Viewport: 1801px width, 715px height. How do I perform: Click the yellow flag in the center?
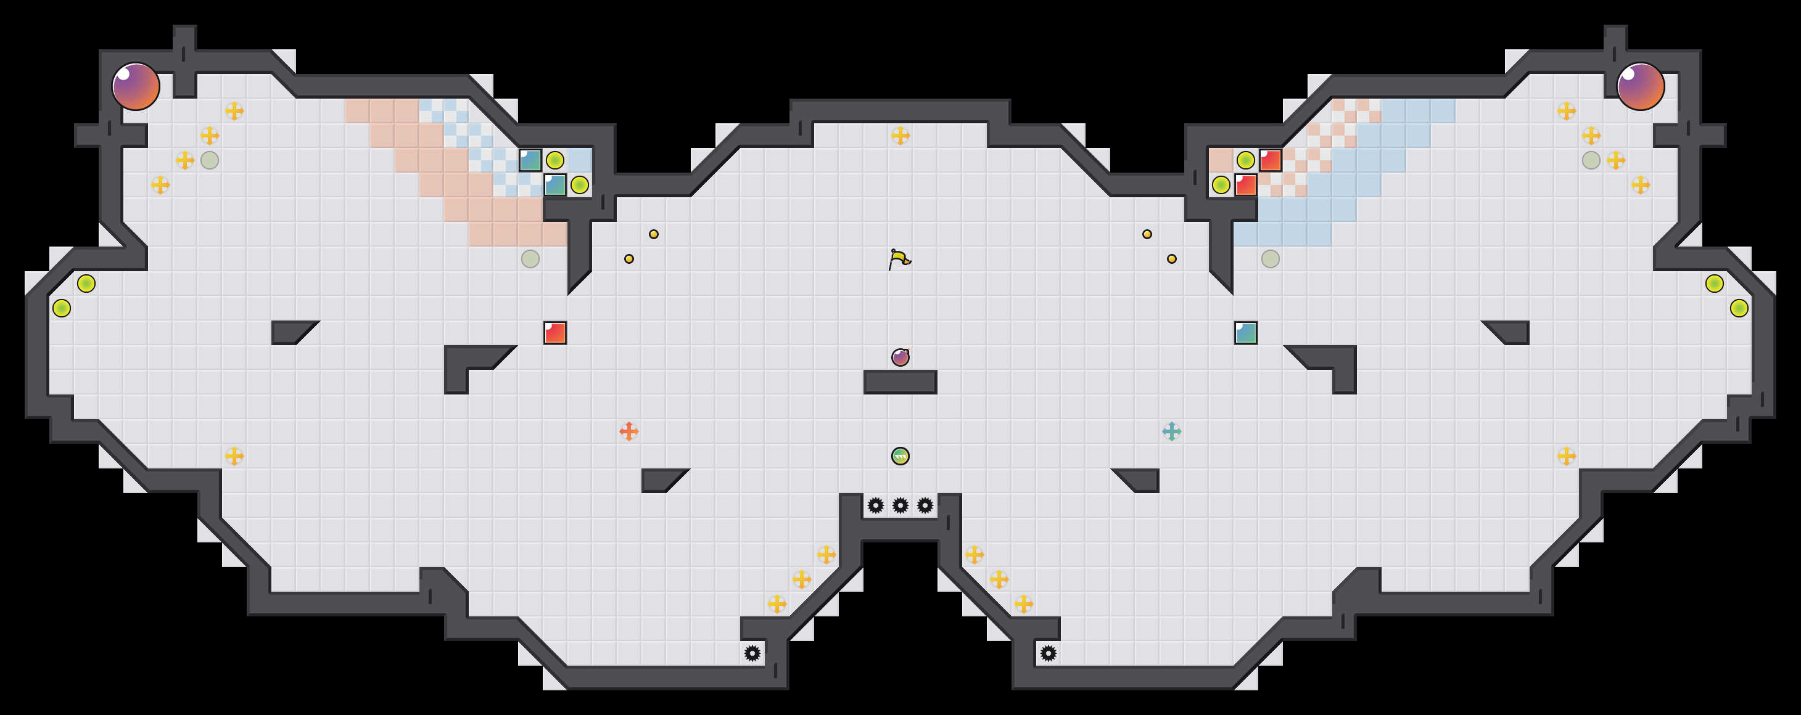coord(900,259)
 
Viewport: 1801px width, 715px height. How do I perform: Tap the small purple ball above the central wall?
coord(900,357)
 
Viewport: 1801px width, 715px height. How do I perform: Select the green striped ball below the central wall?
coord(900,456)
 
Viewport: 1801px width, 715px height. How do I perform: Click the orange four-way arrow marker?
coord(628,431)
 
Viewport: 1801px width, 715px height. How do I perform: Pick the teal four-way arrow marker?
coord(1172,431)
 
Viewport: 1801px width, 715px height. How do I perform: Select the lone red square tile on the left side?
coord(555,333)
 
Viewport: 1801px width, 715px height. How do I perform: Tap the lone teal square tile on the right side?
coord(1246,333)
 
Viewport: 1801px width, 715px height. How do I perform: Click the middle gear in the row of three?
coord(900,505)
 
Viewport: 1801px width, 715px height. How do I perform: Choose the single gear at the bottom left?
coord(752,653)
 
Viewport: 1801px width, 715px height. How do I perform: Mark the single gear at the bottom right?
coord(1048,653)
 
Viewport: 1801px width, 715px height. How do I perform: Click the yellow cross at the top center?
coord(900,136)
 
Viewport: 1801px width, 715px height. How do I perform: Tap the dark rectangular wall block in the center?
coord(900,382)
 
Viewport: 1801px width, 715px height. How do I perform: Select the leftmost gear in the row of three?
coord(875,505)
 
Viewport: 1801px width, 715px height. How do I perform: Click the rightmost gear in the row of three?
coord(925,505)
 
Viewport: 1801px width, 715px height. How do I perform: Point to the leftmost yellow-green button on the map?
coord(62,308)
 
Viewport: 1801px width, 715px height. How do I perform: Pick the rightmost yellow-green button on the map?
coord(1739,308)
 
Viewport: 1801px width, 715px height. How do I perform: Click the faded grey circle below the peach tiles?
coord(530,259)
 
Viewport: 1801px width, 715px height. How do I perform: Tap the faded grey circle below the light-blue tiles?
coord(1271,259)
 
